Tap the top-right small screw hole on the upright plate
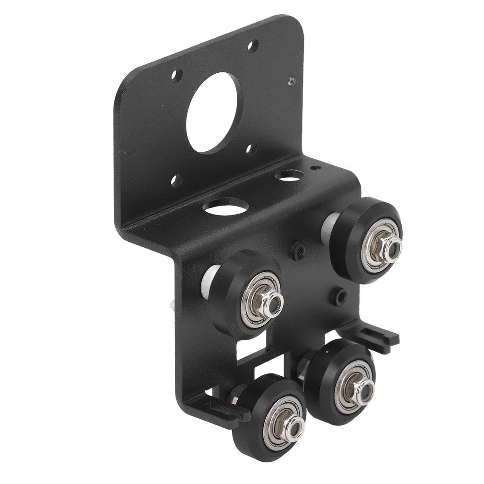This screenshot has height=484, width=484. tap(253, 46)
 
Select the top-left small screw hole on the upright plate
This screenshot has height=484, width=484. tap(177, 75)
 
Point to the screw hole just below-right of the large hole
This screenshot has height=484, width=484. tap(251, 149)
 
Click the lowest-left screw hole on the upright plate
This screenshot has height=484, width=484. tap(176, 180)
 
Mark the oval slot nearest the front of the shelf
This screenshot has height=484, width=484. tap(226, 207)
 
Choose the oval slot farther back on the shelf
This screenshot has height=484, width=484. tap(289, 176)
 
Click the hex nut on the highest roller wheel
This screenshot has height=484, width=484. tap(385, 246)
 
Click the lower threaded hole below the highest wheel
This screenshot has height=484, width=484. tap(339, 296)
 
